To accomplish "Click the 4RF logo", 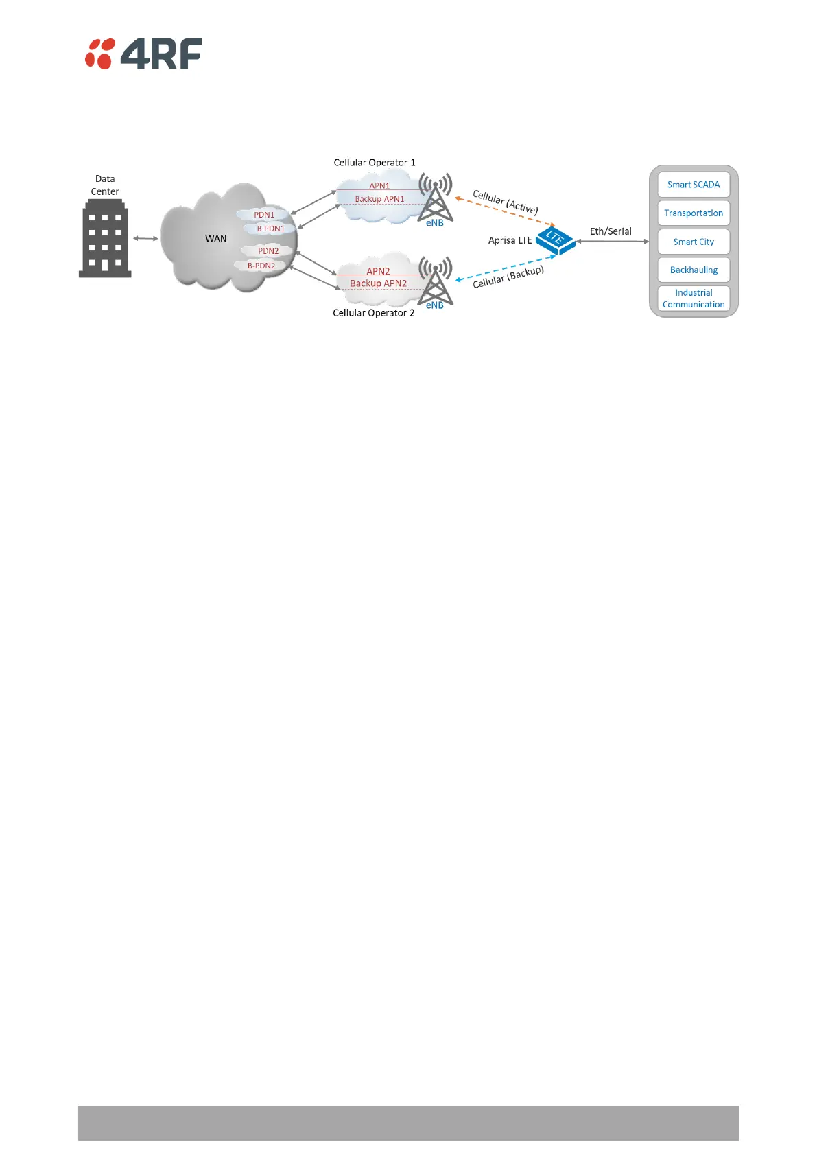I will click(x=143, y=54).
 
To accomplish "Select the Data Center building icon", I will click(x=105, y=238).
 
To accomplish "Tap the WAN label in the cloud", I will click(x=216, y=239).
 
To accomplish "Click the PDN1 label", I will click(x=264, y=215).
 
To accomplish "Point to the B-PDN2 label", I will click(x=261, y=266).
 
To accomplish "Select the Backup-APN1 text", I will click(x=379, y=199).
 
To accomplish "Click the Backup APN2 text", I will click(x=378, y=283).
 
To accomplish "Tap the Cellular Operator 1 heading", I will click(x=375, y=163).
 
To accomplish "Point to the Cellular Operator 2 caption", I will click(x=373, y=313).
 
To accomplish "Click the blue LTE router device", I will click(x=555, y=240).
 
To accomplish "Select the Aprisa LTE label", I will click(x=510, y=240).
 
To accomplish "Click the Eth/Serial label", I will click(x=611, y=231).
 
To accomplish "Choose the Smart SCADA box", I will click(x=694, y=185).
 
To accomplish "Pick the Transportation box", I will click(x=694, y=213).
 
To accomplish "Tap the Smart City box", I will click(x=694, y=242).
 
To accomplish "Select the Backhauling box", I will click(x=694, y=270).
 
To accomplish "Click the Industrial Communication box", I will click(x=694, y=299).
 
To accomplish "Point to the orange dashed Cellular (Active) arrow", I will click(x=505, y=211).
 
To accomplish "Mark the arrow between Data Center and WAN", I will click(x=145, y=238).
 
